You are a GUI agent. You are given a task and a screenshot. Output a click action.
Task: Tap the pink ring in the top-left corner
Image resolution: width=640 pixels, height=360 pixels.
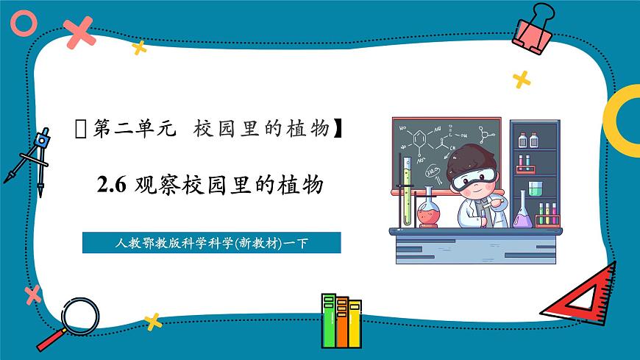click(24, 23)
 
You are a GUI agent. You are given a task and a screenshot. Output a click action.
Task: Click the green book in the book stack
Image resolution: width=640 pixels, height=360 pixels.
click(328, 320)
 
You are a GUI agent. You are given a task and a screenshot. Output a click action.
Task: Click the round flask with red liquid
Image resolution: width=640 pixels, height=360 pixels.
click(427, 213)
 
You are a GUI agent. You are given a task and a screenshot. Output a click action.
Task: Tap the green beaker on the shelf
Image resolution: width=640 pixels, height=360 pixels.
click(536, 188)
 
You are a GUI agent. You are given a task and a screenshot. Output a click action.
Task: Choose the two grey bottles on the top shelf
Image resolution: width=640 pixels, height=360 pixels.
click(529, 140)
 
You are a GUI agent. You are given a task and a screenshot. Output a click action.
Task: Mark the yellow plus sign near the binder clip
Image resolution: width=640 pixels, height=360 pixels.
click(522, 79)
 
